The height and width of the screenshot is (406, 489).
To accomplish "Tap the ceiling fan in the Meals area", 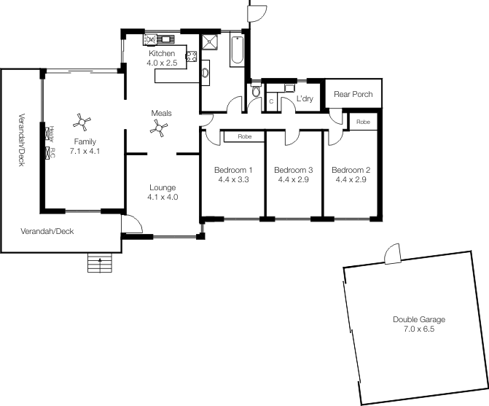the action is click(x=159, y=128).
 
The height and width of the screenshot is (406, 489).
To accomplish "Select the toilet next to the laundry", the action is click(x=256, y=89).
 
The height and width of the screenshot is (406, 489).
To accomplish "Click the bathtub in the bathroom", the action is click(x=237, y=50).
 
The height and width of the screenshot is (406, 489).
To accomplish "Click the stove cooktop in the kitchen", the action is click(x=191, y=56).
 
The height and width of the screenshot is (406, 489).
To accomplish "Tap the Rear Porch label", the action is click(x=353, y=94).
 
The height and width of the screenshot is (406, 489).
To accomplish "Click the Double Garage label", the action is click(x=419, y=319).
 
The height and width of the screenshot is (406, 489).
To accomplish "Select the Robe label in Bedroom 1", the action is click(x=245, y=136).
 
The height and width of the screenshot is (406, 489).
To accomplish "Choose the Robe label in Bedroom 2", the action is click(x=363, y=122).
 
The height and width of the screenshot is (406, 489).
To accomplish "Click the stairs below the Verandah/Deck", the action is click(x=100, y=262).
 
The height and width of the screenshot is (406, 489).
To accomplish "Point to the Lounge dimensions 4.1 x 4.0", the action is click(x=163, y=197).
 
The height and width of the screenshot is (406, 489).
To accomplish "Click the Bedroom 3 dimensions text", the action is click(x=293, y=179).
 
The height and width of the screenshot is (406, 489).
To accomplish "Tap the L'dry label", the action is click(x=305, y=99).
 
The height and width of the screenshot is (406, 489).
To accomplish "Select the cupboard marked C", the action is click(x=271, y=101).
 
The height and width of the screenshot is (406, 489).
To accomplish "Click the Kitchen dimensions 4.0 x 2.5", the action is click(x=162, y=63).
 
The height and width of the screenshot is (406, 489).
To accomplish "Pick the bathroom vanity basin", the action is click(x=205, y=73).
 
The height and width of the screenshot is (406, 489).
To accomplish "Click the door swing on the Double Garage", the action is click(x=392, y=254).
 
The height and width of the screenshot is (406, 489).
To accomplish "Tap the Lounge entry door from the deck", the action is click(x=132, y=224).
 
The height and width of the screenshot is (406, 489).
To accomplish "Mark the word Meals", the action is click(x=161, y=113).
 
